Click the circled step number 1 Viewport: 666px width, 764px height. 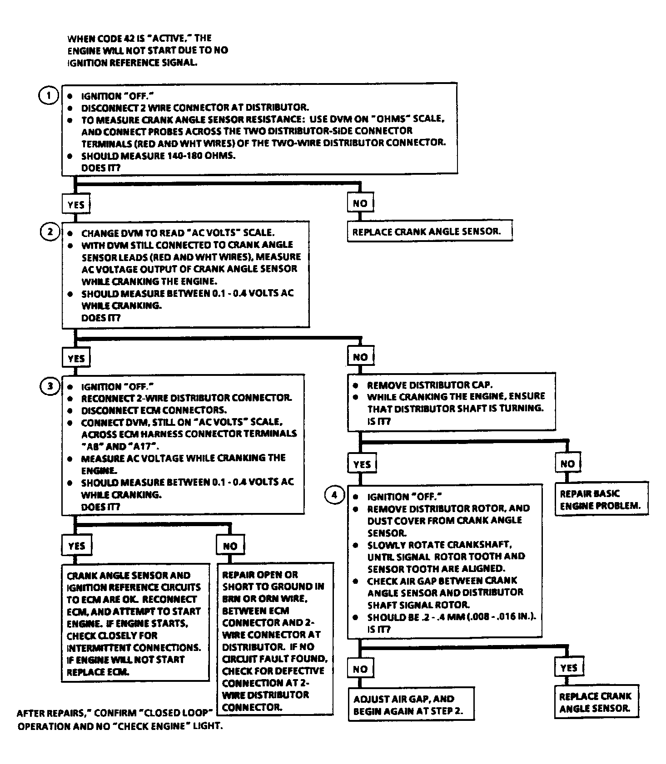[48, 96]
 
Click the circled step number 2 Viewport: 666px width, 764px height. [50, 232]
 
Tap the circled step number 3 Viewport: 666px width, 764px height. [50, 386]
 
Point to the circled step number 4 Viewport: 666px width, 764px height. [334, 495]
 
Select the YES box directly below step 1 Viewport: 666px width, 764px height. [76, 204]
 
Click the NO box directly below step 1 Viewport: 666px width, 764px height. [360, 203]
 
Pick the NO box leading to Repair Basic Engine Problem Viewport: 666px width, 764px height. [567, 464]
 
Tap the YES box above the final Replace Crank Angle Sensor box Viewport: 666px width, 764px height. [568, 668]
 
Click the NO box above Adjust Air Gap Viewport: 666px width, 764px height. [360, 669]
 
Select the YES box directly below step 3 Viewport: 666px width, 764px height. [76, 546]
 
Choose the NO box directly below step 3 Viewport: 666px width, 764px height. [230, 546]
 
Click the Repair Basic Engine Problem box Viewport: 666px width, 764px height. [601, 499]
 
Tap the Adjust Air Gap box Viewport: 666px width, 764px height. [411, 705]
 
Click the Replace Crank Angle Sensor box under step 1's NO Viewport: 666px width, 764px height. [429, 232]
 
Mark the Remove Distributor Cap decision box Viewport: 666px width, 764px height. [452, 403]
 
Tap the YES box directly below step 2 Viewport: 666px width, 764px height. [76, 358]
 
